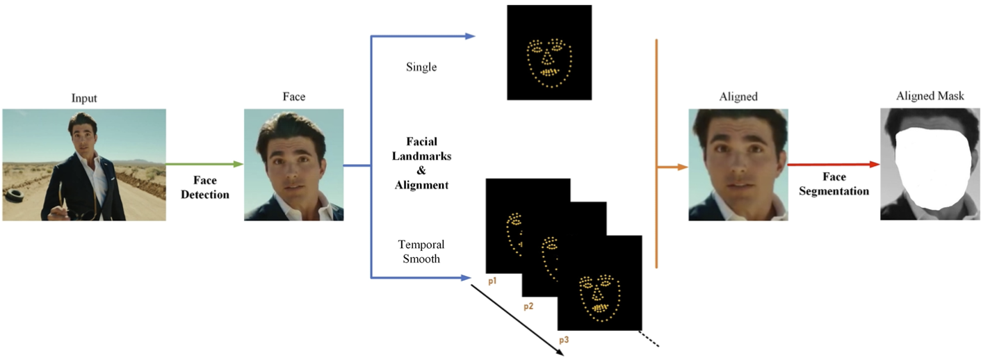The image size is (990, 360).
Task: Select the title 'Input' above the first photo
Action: coord(84,99)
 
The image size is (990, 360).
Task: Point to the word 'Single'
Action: coord(421,67)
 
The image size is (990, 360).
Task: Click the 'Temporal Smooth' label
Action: coord(421,252)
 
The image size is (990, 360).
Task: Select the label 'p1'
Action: coord(492,281)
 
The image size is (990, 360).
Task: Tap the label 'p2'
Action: coord(528,306)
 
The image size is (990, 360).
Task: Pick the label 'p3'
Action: coord(565,340)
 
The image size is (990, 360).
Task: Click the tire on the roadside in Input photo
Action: coord(15,195)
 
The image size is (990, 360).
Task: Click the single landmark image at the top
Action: coord(549,53)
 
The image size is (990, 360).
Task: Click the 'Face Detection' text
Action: coord(205,188)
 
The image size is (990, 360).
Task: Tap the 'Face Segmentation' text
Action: coord(834,183)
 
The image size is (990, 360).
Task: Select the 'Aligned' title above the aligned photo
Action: coord(738,97)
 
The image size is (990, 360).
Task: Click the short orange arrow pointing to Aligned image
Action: coord(672,167)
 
